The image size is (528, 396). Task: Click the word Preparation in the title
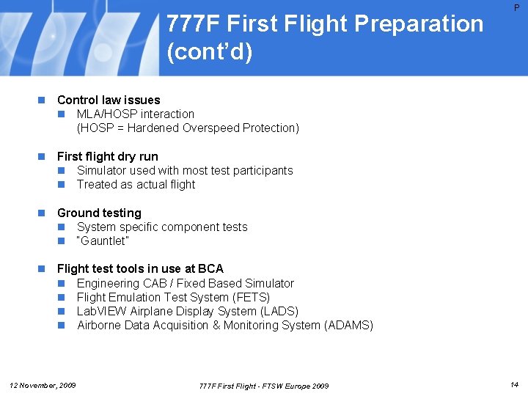[x=419, y=24]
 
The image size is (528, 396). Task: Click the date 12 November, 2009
[x=42, y=385]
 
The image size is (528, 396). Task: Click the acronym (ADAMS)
[x=348, y=325]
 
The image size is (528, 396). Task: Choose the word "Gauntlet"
[x=103, y=241]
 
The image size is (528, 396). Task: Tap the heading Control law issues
[x=109, y=100]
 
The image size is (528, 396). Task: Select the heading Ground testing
[x=99, y=213]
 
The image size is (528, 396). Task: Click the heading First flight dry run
[x=107, y=156]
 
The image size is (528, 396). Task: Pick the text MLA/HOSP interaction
[x=136, y=114]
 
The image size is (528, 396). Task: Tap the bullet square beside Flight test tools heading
[x=43, y=269]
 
